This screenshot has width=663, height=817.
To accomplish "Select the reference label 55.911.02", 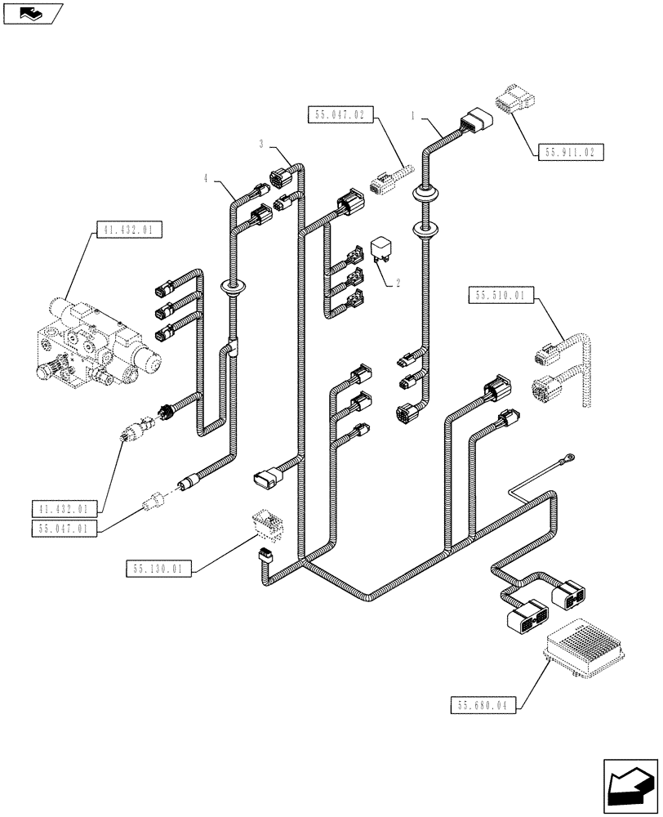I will click(570, 152).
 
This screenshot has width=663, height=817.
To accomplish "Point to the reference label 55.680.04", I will click(483, 704).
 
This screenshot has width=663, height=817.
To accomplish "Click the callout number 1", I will click(416, 118).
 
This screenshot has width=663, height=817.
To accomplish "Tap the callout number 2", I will click(398, 283).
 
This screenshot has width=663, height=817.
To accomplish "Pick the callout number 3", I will click(262, 144).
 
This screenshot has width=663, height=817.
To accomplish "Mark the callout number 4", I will click(207, 177).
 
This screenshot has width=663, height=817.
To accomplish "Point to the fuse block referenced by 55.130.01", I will click(265, 523).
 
